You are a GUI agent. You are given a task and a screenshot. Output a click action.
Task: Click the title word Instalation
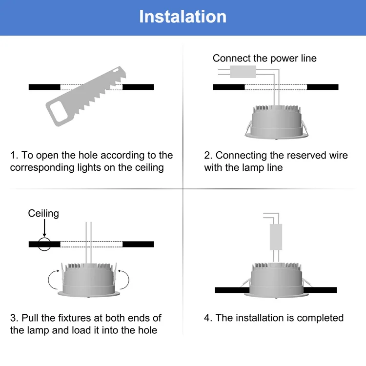click(x=183, y=17)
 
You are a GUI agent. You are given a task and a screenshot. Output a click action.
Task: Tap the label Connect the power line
click(x=264, y=58)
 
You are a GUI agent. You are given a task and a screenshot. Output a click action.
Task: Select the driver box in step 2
click(x=243, y=72)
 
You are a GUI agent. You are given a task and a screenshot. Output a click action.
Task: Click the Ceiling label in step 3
click(x=43, y=213)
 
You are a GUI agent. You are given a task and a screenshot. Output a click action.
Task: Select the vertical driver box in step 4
click(x=276, y=237)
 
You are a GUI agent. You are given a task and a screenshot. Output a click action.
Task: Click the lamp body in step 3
click(x=88, y=281)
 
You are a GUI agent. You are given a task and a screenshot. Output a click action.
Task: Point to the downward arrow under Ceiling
click(x=44, y=228)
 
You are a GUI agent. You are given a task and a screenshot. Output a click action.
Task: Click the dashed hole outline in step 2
click(x=276, y=87)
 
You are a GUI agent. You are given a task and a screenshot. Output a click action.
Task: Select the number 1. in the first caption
click(x=14, y=155)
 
